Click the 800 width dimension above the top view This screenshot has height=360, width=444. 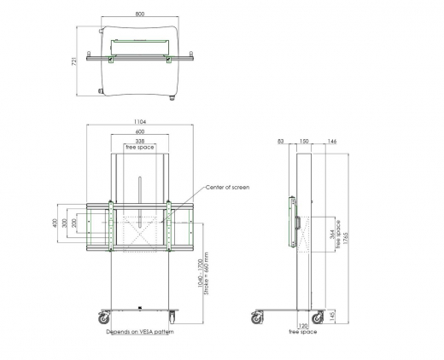pos(138,15)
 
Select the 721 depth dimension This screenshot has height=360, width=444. pos(75,61)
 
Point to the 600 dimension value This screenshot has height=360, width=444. pos(138,131)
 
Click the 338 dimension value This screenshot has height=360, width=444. pos(138,141)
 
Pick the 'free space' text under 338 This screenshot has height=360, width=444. pos(139,148)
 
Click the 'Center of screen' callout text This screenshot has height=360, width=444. pos(226,186)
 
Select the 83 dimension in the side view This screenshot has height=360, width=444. pos(281,141)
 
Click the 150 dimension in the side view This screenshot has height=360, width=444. pos(303,141)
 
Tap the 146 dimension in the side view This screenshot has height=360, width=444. pos(331,141)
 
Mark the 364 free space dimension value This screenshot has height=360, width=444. pos(332,236)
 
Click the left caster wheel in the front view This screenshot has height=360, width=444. pos(103,317)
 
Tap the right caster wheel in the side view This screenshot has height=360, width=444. pos(317,318)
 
